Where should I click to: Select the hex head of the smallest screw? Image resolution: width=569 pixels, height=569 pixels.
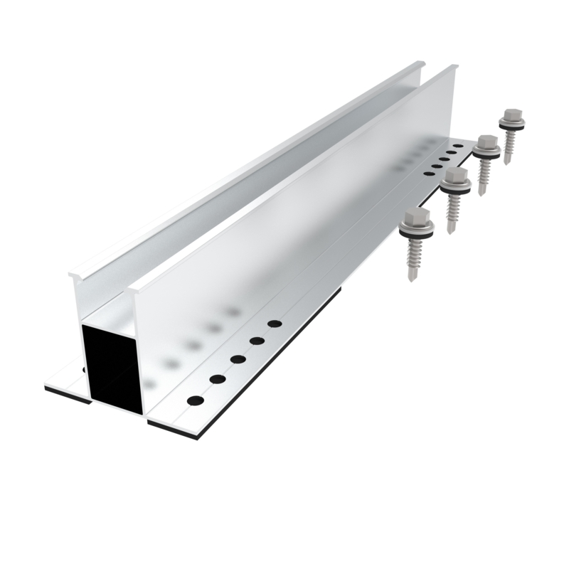tap(510, 115)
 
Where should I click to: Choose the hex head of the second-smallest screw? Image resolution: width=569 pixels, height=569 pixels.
tap(486, 141)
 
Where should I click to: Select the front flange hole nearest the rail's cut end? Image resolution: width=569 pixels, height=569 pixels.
tap(195, 400)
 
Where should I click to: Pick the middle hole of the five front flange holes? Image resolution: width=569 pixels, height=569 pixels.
tap(238, 359)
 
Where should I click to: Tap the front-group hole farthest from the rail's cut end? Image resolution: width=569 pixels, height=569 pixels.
tap(275, 324)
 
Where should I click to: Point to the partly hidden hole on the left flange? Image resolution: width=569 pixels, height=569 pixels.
tap(85, 369)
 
